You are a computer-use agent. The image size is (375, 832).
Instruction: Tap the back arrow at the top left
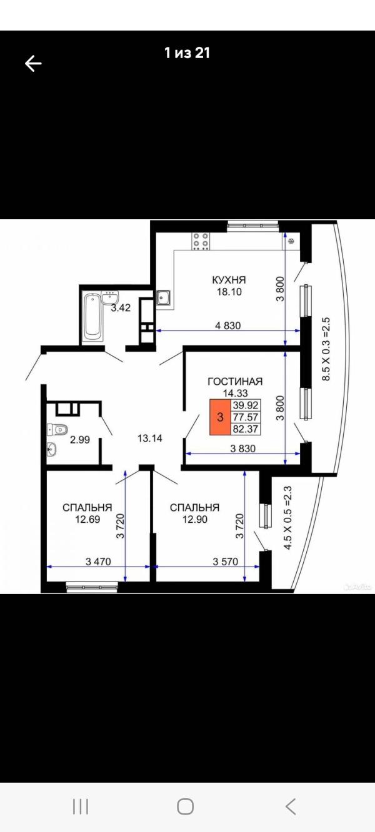(x=33, y=63)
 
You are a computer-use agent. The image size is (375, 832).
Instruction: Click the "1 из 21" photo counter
(x=187, y=53)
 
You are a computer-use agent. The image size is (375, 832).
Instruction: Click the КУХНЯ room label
(x=229, y=279)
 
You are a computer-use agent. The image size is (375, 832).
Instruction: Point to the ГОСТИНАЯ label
(x=235, y=382)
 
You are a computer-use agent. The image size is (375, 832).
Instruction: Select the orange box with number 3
(x=220, y=417)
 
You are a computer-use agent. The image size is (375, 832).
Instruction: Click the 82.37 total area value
(x=245, y=429)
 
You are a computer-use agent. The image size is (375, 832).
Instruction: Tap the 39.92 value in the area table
(x=245, y=405)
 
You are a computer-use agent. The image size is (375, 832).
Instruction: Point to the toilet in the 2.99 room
(x=57, y=429)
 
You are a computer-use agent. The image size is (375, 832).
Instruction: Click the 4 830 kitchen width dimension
(x=228, y=326)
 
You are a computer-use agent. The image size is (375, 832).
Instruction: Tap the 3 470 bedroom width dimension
(x=98, y=562)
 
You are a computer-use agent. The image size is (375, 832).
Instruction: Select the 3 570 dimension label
(x=225, y=562)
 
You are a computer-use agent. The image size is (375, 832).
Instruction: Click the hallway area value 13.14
(x=150, y=438)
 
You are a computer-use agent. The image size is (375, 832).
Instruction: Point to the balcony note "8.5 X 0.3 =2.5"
(x=326, y=349)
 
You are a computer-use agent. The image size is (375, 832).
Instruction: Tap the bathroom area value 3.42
(x=121, y=307)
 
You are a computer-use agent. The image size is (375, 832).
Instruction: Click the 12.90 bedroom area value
(x=195, y=519)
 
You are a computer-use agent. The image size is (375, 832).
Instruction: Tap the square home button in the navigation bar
(x=186, y=807)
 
